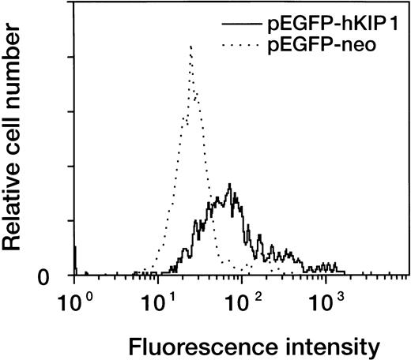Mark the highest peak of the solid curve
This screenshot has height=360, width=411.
coord(229,185)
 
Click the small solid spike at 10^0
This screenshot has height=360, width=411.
coord(74,253)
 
